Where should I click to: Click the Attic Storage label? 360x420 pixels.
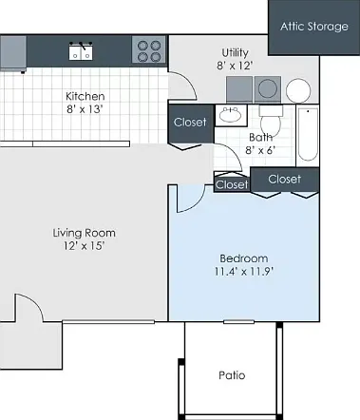(x=314, y=27)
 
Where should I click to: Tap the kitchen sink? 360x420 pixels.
(x=81, y=51)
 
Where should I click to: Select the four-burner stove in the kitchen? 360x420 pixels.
(x=149, y=49)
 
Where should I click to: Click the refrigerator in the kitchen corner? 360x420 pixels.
(x=13, y=52)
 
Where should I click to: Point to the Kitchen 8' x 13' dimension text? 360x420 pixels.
(x=85, y=109)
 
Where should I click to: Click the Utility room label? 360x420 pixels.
(x=235, y=52)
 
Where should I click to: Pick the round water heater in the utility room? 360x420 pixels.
(x=298, y=90)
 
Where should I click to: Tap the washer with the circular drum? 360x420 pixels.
(x=268, y=89)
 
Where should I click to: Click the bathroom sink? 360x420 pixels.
(x=231, y=115)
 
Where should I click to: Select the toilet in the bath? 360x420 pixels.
(x=271, y=120)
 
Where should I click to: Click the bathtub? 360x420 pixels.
(x=308, y=135)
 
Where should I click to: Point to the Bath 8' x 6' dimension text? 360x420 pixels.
(x=260, y=150)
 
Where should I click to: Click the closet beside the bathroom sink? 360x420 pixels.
(x=191, y=124)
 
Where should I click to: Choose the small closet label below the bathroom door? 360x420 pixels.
(x=232, y=184)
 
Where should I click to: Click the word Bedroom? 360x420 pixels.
(x=244, y=258)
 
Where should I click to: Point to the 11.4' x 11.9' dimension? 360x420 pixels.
(x=244, y=272)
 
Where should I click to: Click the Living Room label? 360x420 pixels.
(x=85, y=233)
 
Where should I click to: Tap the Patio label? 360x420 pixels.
(x=232, y=375)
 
